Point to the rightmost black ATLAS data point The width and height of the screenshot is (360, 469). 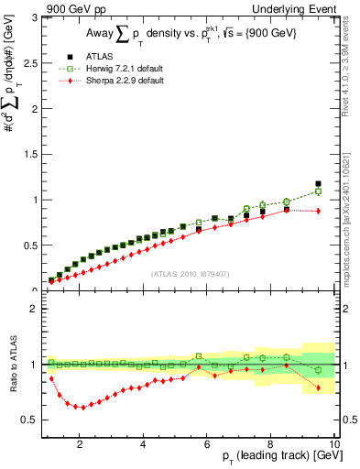coord(318,184)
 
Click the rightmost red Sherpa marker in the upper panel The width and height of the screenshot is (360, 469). coord(318,211)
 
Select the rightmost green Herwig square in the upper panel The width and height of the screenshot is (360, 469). coord(318,191)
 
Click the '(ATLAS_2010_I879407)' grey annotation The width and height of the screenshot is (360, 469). coord(190,272)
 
